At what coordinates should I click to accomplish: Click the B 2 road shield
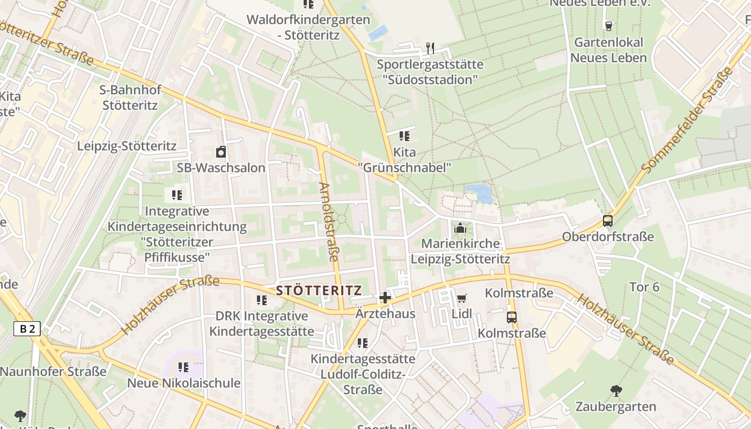pyautogui.click(x=27, y=329)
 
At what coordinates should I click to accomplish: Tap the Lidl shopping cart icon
pyautogui.click(x=461, y=298)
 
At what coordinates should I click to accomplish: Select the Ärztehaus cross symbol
pyautogui.click(x=385, y=298)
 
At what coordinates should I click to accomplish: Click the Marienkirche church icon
pyautogui.click(x=460, y=229)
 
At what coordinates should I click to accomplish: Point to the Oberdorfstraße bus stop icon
pyautogui.click(x=608, y=220)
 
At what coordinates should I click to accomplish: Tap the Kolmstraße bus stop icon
pyautogui.click(x=512, y=317)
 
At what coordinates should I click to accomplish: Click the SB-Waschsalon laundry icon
pyautogui.click(x=221, y=152)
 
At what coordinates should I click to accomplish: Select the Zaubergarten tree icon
pyautogui.click(x=616, y=390)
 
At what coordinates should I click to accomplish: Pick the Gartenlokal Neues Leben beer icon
pyautogui.click(x=608, y=25)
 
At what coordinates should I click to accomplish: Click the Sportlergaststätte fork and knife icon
pyautogui.click(x=430, y=48)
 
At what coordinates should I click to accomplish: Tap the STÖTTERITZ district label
pyautogui.click(x=319, y=291)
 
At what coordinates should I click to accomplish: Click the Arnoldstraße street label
pyautogui.click(x=328, y=222)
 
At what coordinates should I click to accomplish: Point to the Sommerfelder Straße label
pyautogui.click(x=688, y=121)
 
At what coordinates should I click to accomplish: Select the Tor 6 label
pyautogui.click(x=644, y=287)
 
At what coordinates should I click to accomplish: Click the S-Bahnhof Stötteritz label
pyautogui.click(x=130, y=97)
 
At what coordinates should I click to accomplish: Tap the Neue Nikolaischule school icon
pyautogui.click(x=183, y=367)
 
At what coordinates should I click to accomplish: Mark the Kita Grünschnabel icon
pyautogui.click(x=404, y=136)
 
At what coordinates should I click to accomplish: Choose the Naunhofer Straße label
pyautogui.click(x=53, y=371)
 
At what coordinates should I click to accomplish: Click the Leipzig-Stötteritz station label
pyautogui.click(x=127, y=146)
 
